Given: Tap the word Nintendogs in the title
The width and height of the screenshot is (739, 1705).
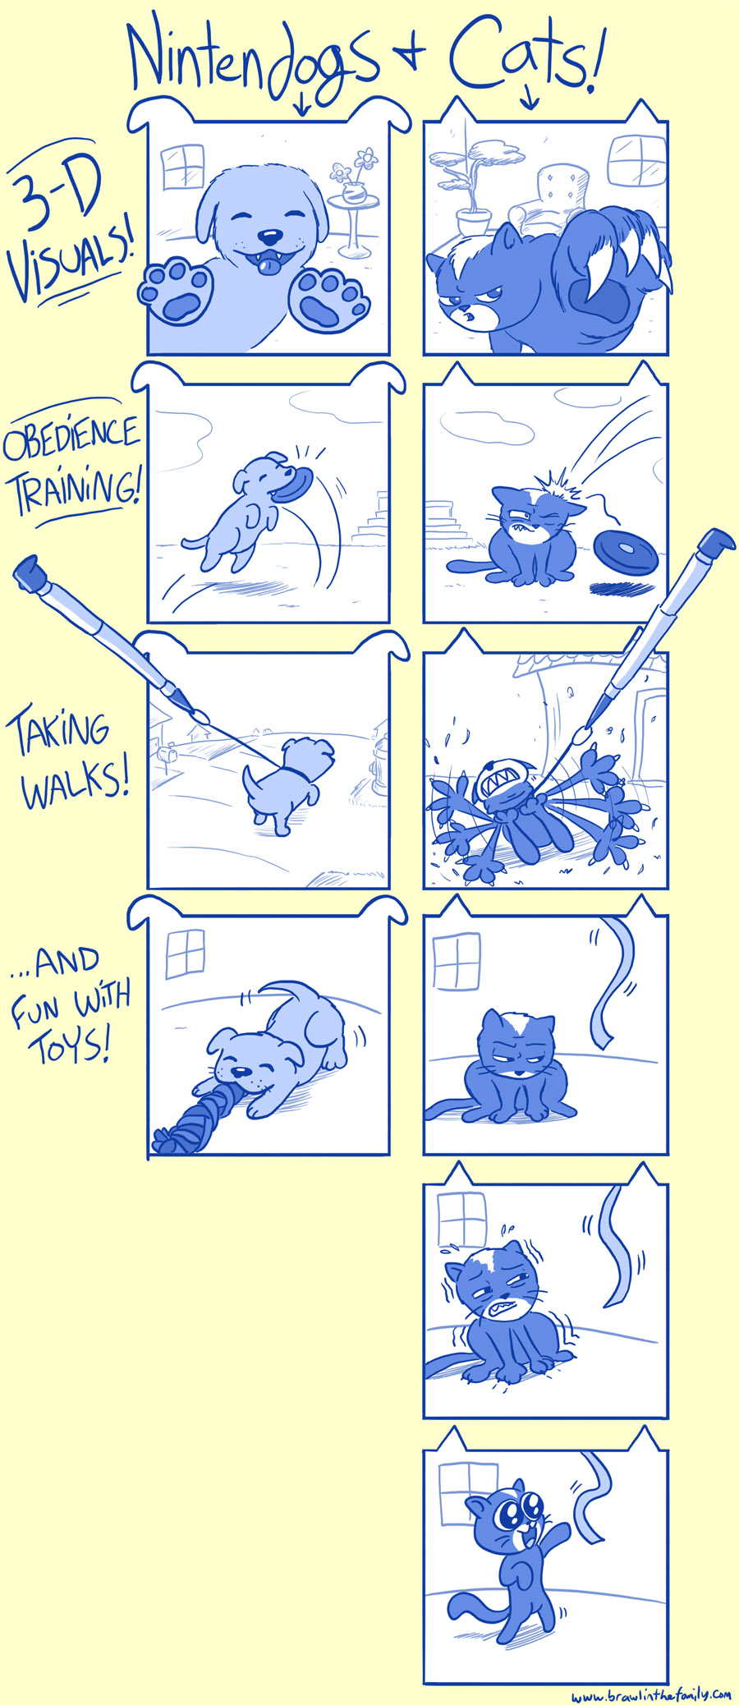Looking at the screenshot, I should tap(255, 62).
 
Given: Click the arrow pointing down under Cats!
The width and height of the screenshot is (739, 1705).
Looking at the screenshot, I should tap(529, 98).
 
